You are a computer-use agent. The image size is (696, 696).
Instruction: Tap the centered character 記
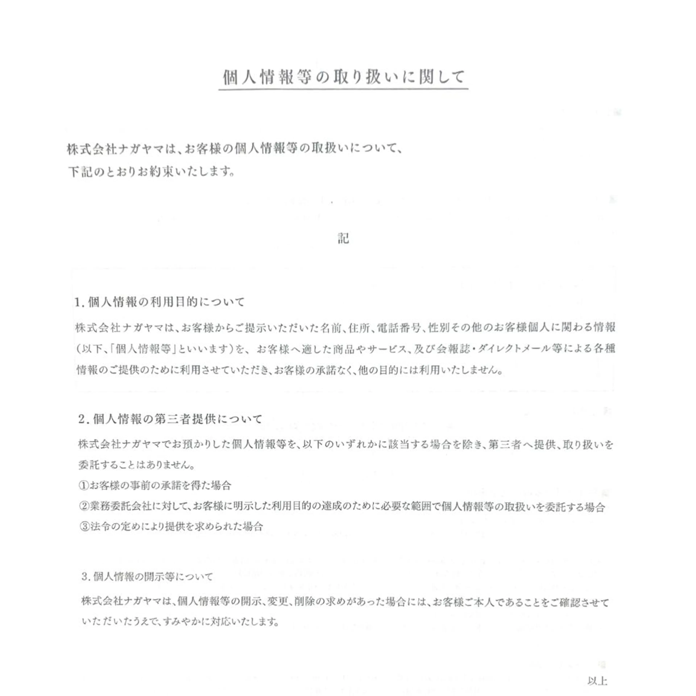click(x=343, y=239)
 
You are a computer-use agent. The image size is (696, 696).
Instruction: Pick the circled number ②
click(x=84, y=507)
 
